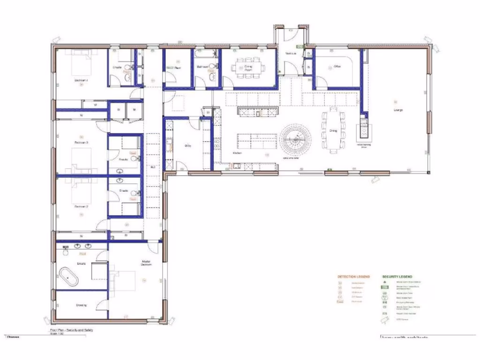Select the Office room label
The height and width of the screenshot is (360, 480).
pos(337,67)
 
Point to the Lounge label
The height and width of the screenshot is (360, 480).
pos(398,110)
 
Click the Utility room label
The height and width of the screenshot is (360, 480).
pos(188,146)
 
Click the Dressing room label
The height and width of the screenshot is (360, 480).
pos(81,305)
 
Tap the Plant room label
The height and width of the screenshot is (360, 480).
pos(179,67)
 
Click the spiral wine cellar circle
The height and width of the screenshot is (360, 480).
pos(296,139)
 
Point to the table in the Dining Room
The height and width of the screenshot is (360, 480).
pos(248,67)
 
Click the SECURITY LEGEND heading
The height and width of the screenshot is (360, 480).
pos(397,277)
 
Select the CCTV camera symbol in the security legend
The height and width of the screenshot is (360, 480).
pos(385,320)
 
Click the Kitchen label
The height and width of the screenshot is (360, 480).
pos(238,153)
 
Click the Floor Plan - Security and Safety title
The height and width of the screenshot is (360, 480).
pos(72,330)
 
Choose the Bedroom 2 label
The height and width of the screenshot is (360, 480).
pos(81,206)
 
